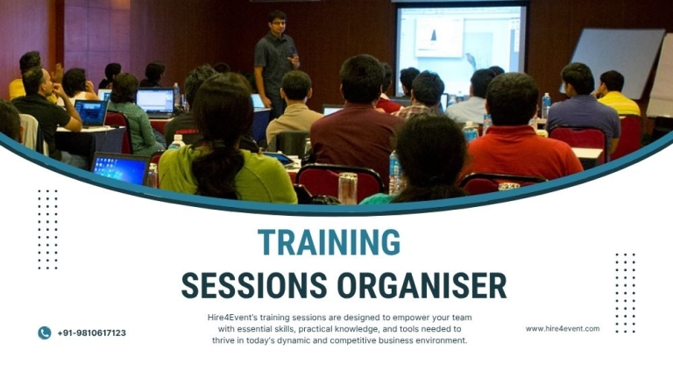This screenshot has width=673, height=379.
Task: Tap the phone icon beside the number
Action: click(x=44, y=333)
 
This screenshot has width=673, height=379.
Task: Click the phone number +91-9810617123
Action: click(x=91, y=333)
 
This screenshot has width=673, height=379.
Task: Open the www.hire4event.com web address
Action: click(x=562, y=329)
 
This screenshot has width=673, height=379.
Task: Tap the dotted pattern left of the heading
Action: click(x=47, y=229)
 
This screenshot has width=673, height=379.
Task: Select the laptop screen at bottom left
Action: click(x=120, y=168)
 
